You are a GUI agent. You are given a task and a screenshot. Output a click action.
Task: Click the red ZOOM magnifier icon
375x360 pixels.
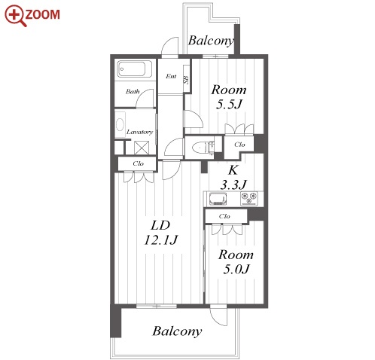pos(15,15)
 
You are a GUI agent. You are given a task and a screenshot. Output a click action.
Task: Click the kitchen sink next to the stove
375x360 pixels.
pos(218,199)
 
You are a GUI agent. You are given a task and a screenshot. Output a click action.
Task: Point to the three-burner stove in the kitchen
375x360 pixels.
pos(249,199)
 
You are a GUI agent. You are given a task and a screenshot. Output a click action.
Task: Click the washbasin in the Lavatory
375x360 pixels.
pos(120,124)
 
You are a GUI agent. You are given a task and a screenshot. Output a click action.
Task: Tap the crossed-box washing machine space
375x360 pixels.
pos(142,148)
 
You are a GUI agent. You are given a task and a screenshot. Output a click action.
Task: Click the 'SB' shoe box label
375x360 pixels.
pos(186,80)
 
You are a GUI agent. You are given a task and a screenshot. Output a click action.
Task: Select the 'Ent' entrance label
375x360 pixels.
pos(171,76)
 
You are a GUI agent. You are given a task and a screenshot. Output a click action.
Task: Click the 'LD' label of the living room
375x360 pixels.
pos(160,225)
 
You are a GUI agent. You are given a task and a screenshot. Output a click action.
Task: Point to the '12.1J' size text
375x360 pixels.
pos(161,239)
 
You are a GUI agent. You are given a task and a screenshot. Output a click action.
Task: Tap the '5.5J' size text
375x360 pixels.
pos(229,104)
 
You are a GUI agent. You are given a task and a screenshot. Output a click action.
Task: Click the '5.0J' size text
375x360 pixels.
pos(236,269)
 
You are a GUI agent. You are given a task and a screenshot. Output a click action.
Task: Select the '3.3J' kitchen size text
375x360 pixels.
pos(233,185)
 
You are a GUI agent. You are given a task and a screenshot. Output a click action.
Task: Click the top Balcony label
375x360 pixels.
pos(211,41)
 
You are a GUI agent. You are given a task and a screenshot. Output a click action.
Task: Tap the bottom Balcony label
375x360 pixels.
pos(177,331)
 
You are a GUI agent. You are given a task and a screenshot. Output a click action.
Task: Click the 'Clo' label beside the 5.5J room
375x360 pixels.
pos(239,145)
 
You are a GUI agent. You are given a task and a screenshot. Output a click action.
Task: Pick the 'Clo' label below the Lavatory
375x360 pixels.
pos(138,163)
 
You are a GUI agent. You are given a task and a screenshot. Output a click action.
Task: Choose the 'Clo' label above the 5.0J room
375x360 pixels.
pos(224,216)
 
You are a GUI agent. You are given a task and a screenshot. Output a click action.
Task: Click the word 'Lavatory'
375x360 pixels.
pos(139,132)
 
